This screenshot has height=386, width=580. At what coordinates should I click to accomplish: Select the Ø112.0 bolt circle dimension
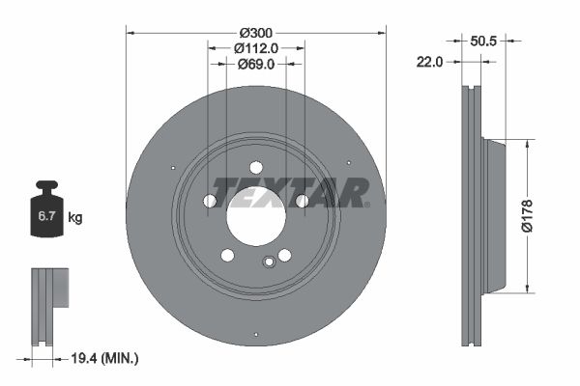click(256, 47)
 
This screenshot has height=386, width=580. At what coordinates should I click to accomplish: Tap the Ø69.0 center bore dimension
click(256, 65)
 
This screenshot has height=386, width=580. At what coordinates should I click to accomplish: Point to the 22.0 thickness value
click(429, 62)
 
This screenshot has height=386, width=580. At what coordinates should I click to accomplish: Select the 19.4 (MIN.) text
click(105, 358)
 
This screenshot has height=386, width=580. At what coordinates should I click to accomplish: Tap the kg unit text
click(75, 218)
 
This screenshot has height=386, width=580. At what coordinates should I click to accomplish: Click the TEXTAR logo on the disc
click(289, 193)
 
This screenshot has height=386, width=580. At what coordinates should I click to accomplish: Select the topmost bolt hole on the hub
click(256, 165)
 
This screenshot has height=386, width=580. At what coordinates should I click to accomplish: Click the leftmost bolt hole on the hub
click(210, 201)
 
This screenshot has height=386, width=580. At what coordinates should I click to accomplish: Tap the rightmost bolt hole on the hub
click(302, 201)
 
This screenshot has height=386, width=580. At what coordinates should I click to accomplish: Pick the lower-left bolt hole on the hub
click(227, 255)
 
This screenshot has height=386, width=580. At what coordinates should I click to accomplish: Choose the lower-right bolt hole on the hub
click(285, 255)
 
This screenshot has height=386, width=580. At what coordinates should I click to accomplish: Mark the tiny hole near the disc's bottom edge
click(255, 335)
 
